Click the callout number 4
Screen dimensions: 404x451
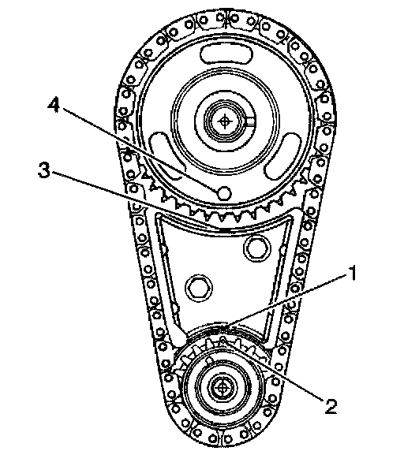pos(54,104)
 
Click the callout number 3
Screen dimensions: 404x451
pos(44,170)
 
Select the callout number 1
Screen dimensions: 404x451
pos(353,274)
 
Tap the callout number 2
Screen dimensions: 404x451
pos(331,406)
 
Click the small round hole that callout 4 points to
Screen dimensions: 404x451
pos(224,192)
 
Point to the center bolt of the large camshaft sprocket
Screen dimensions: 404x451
pos(224,121)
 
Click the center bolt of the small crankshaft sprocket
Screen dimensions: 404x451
pos(223,387)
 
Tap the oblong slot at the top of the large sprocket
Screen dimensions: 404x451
pos(226,54)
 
